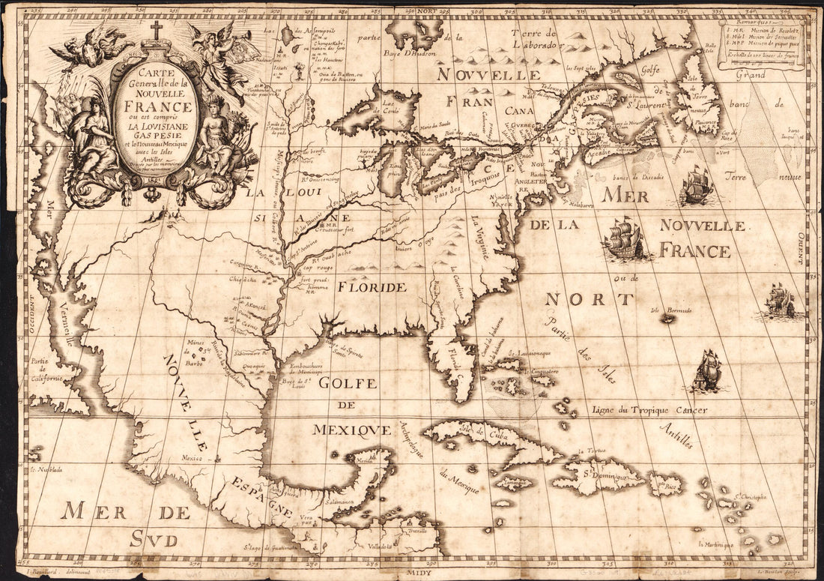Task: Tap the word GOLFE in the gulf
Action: (x=346, y=383)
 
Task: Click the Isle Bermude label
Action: (x=670, y=310)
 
